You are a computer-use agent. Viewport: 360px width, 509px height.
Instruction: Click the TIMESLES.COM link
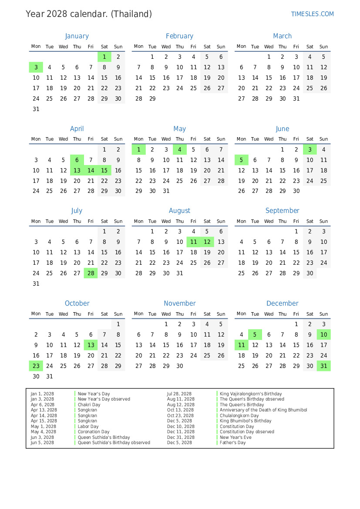coord(312,14)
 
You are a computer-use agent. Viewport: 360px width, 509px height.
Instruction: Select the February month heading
coord(179,36)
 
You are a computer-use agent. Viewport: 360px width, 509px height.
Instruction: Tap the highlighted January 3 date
coord(36,67)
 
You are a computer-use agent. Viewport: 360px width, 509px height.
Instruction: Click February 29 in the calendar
coord(152,98)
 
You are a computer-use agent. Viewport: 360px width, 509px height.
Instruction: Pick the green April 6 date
coord(77,160)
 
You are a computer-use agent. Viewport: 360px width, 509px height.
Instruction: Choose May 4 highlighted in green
coord(180,149)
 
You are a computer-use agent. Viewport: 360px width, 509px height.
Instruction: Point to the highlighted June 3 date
coord(310,149)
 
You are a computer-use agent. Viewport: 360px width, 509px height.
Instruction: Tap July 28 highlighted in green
coord(91,273)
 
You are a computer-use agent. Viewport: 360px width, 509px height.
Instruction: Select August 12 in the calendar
coord(207,242)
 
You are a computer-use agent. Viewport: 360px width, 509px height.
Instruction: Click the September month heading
coord(282,211)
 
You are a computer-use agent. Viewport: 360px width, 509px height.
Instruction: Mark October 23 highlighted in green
coord(36,366)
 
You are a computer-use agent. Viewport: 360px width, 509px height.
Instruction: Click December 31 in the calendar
coord(323,366)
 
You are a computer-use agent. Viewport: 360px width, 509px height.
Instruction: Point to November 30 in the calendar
coord(180,366)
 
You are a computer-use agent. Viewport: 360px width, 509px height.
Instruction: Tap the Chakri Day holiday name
coord(89,405)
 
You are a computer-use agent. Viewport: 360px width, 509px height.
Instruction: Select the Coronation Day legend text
coord(94,432)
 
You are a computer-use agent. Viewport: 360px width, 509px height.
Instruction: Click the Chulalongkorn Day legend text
coord(239,415)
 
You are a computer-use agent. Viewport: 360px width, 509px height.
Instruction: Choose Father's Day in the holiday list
coord(232,443)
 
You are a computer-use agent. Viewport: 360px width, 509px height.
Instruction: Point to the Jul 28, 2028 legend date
coord(179,394)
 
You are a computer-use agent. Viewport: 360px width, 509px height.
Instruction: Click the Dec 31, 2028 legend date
coord(179,437)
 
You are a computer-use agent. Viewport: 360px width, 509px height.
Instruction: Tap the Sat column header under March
coord(310,47)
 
